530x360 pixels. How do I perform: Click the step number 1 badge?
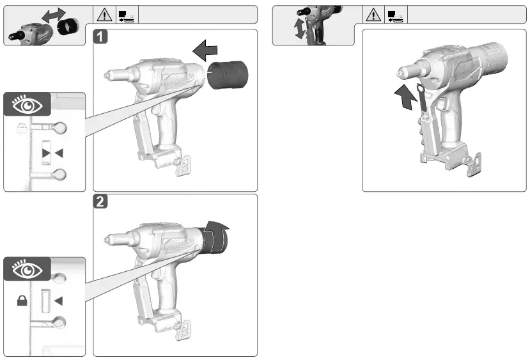click(101, 36)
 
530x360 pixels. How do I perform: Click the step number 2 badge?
click(101, 201)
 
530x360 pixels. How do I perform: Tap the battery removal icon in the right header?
click(394, 14)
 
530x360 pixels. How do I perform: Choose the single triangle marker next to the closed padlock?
click(58, 301)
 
